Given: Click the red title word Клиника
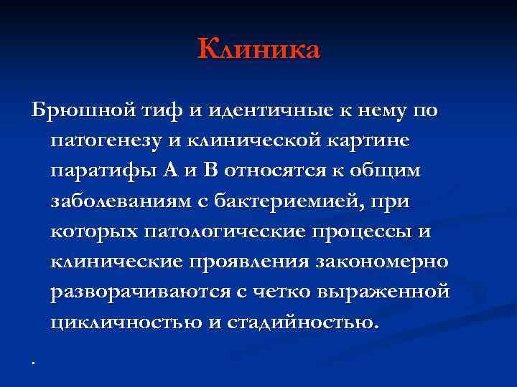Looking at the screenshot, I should (x=258, y=49).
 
